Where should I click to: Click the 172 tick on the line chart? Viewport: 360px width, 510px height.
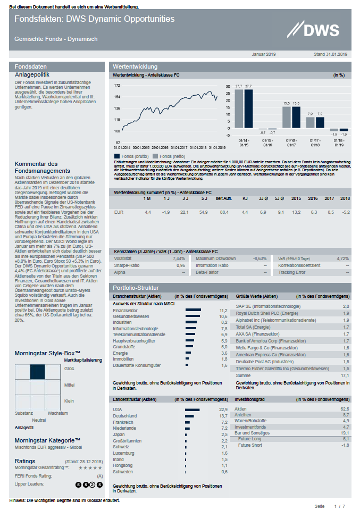117,85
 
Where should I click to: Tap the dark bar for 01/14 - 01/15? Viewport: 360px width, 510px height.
248,109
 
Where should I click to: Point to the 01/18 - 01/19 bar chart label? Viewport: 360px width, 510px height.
339,143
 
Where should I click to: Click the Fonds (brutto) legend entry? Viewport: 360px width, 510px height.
130,155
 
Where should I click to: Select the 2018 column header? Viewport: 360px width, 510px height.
345,198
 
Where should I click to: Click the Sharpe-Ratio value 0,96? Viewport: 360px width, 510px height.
180,265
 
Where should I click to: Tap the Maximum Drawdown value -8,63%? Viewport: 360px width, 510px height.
259,258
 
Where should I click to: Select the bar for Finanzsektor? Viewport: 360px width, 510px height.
193,310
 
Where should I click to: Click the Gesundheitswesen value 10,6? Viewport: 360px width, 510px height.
223,316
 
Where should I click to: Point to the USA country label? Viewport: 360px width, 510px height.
118,409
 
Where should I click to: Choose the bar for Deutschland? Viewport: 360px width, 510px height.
190,415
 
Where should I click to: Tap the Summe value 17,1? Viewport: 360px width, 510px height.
345,375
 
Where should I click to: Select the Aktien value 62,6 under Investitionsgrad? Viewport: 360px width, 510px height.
345,408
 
